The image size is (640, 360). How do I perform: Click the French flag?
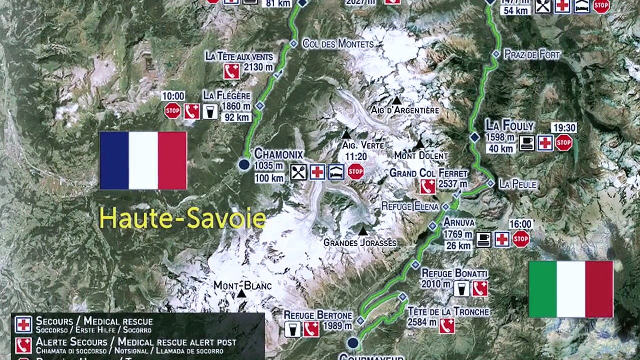[x=143, y=160]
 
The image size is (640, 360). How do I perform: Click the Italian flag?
[x=571, y=289]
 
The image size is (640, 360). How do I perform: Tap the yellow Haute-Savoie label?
[x=182, y=218]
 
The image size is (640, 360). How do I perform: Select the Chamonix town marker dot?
[x=244, y=164]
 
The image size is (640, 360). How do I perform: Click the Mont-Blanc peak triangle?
[x=242, y=294]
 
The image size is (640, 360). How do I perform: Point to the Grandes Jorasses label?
[x=360, y=243]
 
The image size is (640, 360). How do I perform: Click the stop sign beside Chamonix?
[x=355, y=172]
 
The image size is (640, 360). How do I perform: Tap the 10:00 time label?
[x=173, y=96]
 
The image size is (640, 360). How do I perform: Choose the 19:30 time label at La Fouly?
[x=564, y=128]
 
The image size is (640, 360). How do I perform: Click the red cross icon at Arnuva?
[x=502, y=239]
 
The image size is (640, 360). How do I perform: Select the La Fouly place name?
[x=509, y=125]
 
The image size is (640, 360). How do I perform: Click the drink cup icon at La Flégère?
[x=210, y=111]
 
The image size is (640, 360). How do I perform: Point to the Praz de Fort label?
[x=532, y=54]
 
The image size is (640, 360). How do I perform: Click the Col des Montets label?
[x=338, y=44]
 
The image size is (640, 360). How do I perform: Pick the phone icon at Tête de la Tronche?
[x=447, y=326]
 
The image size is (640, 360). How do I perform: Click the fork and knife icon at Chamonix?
[x=298, y=172]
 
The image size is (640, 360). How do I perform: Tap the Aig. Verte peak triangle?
[x=346, y=134]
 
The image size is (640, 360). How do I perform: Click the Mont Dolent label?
[x=420, y=155]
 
